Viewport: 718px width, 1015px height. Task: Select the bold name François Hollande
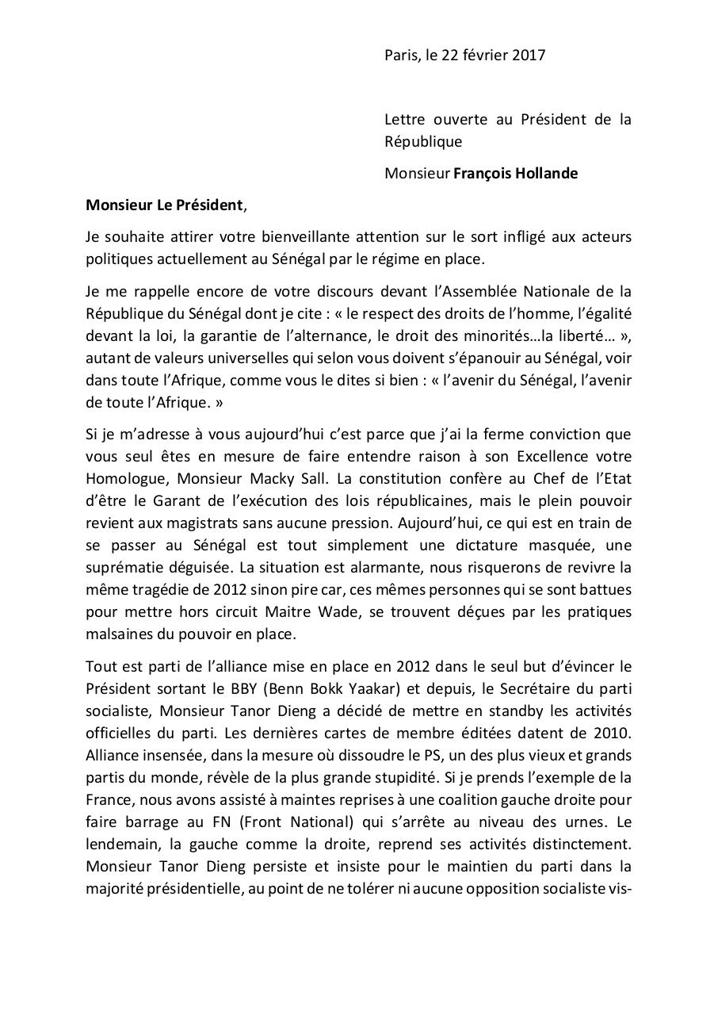[515, 173]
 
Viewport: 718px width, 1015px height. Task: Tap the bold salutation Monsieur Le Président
[164, 205]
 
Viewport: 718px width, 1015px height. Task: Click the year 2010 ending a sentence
[613, 733]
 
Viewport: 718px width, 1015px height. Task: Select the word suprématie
[124, 568]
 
